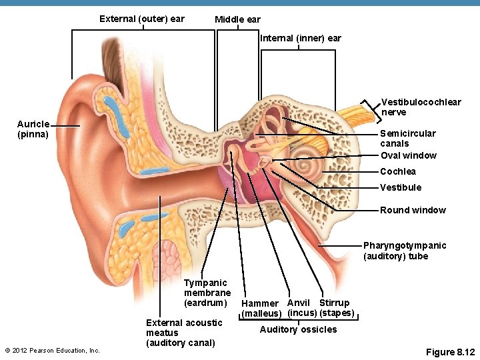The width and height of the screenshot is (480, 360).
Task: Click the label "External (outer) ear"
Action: (x=141, y=19)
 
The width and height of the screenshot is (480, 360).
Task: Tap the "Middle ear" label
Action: (x=237, y=20)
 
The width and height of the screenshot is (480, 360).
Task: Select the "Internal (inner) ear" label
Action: (x=300, y=38)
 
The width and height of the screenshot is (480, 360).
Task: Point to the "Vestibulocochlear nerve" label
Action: (x=421, y=107)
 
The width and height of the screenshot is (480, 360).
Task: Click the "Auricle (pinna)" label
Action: (x=33, y=129)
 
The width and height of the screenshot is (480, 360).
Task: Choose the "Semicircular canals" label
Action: (x=408, y=138)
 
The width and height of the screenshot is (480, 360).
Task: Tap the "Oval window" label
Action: (x=408, y=155)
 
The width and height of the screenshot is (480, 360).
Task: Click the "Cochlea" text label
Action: (x=398, y=171)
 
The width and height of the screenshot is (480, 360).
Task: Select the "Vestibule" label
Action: (x=401, y=187)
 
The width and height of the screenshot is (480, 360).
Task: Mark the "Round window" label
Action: (x=413, y=210)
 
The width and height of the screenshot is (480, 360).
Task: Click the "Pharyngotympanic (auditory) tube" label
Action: (x=404, y=251)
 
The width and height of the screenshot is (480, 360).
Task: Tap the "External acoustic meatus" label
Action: (x=184, y=333)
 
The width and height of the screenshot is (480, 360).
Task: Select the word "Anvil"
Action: (x=299, y=303)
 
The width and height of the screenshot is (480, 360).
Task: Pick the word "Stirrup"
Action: (x=335, y=303)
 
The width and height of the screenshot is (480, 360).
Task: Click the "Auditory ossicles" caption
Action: (x=298, y=329)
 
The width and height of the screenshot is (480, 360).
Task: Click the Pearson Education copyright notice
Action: (x=52, y=351)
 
